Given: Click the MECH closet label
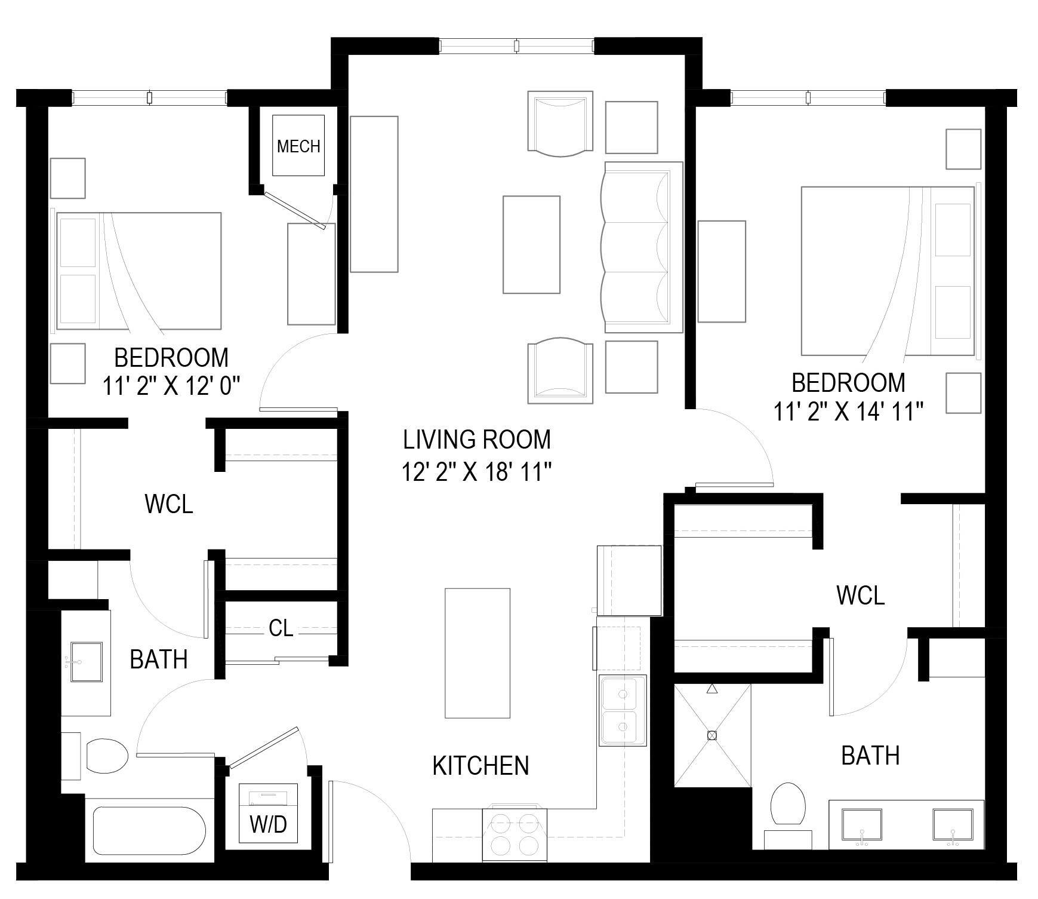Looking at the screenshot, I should pos(298,146).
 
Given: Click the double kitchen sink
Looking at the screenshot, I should pos(623,710).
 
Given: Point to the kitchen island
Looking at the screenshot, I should pos(478,652).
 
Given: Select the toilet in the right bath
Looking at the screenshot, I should pos(787,805).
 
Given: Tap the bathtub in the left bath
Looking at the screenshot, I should pos(150,831).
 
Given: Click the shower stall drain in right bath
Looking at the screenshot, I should pos(711,735).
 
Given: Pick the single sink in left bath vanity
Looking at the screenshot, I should pos(86,662).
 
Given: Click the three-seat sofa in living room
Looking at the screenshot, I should pos(642,247).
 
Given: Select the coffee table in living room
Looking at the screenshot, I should pos(531,244).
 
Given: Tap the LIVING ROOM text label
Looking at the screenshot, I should pos(476,440).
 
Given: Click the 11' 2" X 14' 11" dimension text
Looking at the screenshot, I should pos(849,412).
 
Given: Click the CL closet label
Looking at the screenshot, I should pos(281,628).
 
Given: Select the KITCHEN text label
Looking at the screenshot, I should pos(481,766).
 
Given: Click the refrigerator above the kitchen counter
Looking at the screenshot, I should pos(629,580).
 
